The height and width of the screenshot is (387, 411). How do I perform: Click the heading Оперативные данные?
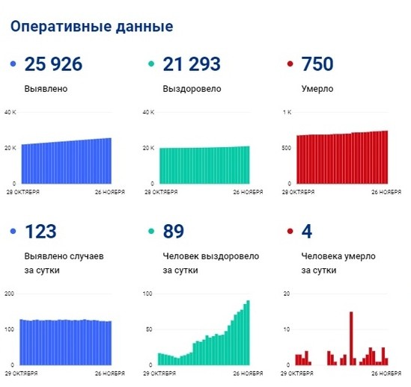pos(91,27)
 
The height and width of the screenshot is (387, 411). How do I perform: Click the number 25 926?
pos(53,65)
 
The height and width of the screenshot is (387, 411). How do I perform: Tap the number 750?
pos(317,65)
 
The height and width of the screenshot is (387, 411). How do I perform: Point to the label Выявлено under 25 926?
pos(46,89)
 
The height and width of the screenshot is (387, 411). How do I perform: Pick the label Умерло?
pos(317,89)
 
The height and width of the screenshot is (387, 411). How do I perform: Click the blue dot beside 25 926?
pos(13,66)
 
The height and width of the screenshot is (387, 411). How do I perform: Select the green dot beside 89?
pos(150,232)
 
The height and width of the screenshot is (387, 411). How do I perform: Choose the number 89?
pos(174,232)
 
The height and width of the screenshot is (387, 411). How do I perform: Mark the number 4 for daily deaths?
pos(306,232)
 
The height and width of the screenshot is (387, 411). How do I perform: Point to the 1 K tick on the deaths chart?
pos(285,113)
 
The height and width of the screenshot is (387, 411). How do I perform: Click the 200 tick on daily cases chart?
pos(10,294)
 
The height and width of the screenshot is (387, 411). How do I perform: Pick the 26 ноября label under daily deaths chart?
pos(387,372)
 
